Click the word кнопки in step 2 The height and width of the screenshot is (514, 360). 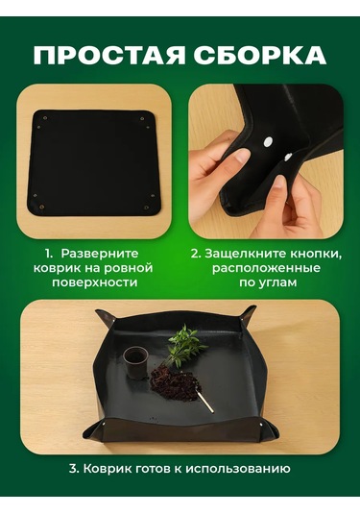(x=313, y=254)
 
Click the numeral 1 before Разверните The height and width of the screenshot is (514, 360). (x=49, y=254)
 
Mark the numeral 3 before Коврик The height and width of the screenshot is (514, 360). (x=73, y=471)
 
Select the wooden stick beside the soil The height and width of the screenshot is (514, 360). (x=204, y=395)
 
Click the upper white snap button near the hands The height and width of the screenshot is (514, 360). (x=268, y=142)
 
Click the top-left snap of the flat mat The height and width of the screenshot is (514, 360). (x=37, y=116)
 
